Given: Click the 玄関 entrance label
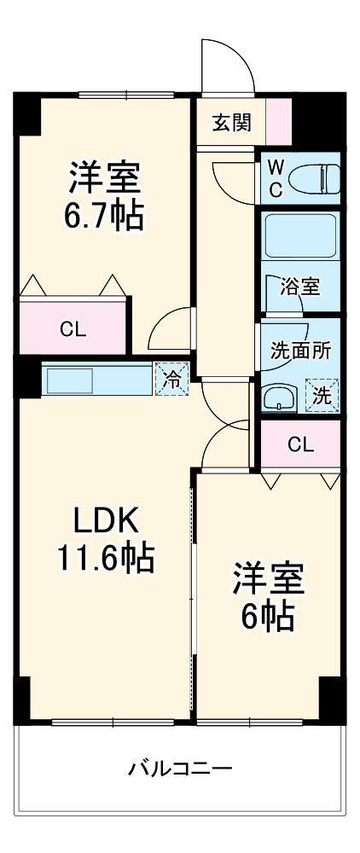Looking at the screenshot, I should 231,123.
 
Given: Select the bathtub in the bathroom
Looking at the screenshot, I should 300,235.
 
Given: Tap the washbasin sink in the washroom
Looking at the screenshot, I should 279,397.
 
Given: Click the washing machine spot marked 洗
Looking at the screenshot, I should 322,395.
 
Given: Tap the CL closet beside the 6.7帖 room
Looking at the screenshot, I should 73,330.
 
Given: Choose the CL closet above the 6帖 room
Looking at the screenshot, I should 299,444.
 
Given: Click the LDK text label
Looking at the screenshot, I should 104,519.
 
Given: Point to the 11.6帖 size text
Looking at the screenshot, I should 104,558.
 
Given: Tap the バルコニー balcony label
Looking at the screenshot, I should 180,768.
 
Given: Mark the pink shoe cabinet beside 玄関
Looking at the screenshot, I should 278,123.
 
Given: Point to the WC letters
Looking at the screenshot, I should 276,178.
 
